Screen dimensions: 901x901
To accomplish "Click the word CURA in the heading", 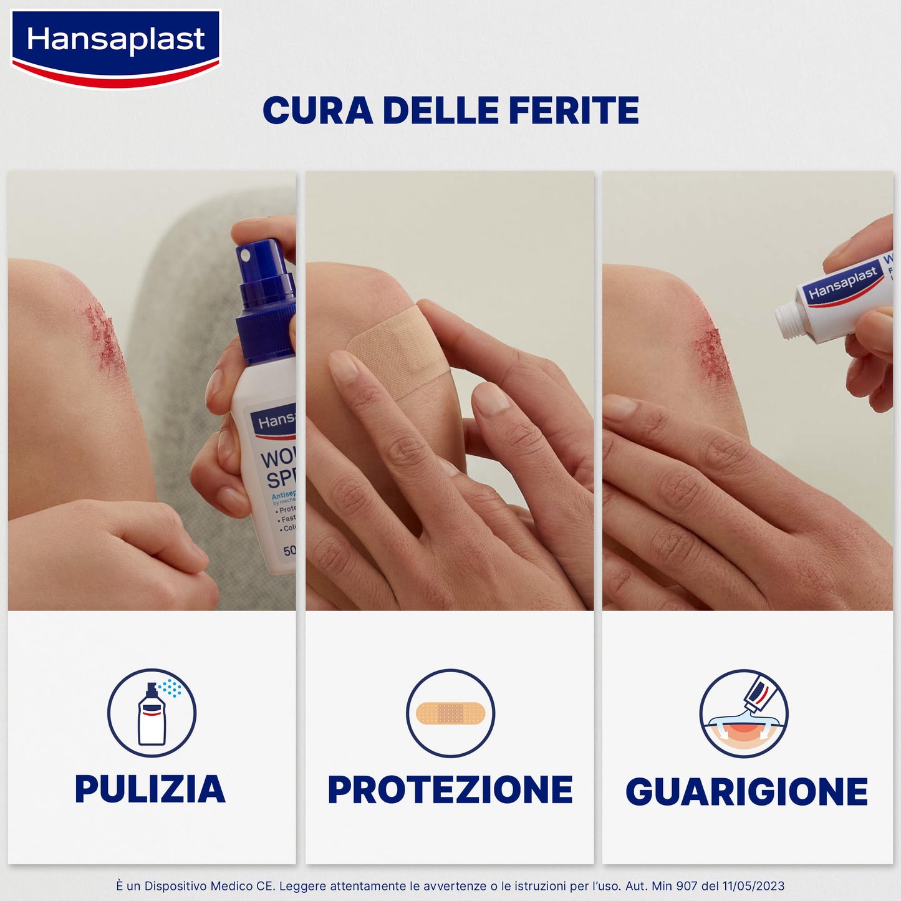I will coord(318,111).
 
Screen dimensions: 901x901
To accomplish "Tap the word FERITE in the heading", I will coord(574,111).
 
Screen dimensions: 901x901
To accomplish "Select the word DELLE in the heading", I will coord(440,111).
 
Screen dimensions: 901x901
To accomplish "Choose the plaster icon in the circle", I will coord(450,713).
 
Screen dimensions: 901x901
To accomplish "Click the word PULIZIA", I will coord(150,789).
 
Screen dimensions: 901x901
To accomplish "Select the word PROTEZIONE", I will coord(450,791).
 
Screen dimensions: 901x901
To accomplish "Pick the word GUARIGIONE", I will coord(746,792).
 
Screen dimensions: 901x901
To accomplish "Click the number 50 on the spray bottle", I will coord(289,551).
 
